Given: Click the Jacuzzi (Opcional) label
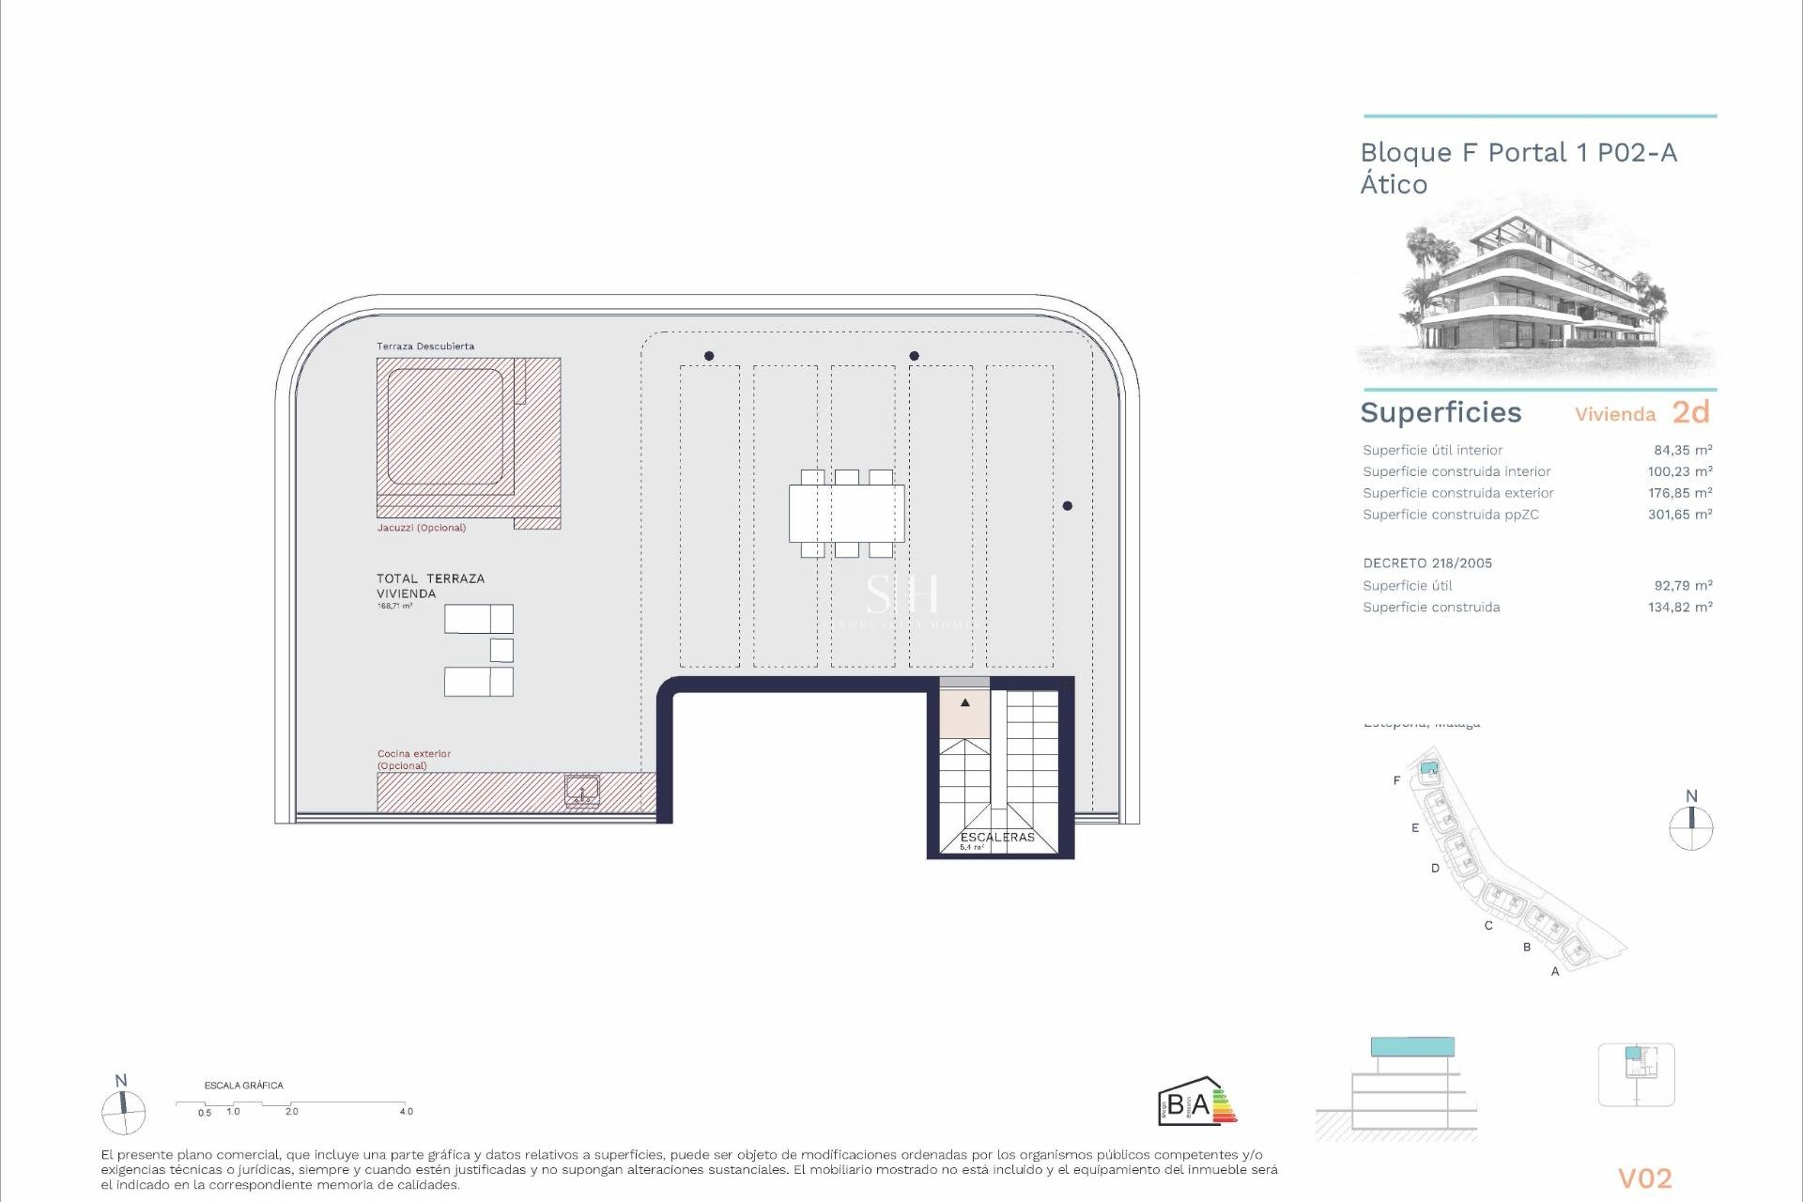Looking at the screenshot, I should point(421,528).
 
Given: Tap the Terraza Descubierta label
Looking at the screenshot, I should point(425,347).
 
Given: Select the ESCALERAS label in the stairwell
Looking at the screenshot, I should point(996,837).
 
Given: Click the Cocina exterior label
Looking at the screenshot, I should point(414,754).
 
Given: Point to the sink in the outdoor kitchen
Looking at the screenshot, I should point(582,791).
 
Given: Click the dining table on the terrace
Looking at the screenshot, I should point(846,514).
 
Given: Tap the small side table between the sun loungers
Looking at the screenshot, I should point(501,650).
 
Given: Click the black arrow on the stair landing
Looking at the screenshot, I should point(964,702).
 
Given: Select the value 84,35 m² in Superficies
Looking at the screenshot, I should point(1683,451).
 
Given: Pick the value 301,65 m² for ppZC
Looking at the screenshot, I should point(1679,515).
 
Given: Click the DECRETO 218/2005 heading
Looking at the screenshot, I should point(1427,563).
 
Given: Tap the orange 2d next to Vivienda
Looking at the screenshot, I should point(1690,412).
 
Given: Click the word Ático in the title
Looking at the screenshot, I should point(1394,184).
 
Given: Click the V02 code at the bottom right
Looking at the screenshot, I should point(1644,1179).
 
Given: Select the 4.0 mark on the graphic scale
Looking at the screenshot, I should point(406,1111).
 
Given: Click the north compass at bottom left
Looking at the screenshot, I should point(123,1113).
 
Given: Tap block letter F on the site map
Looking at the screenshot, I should point(1396,780).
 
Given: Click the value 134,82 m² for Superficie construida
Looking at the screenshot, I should point(1679,608).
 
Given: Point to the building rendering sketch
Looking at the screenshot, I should point(1538,291).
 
